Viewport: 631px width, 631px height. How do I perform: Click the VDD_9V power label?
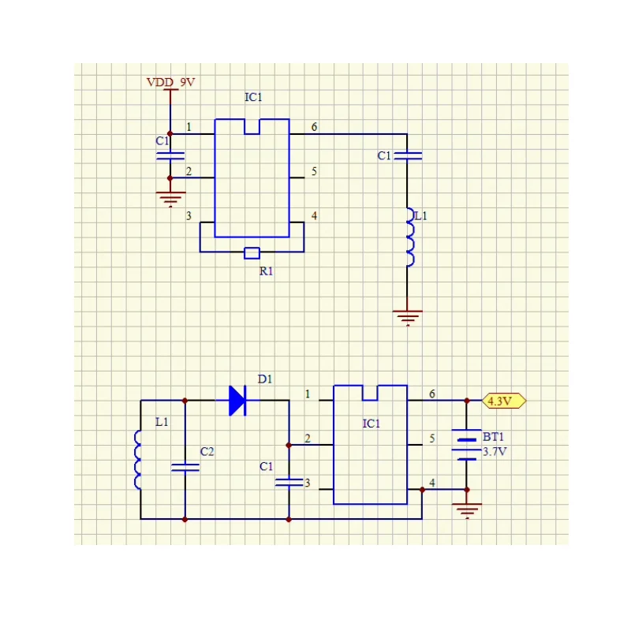(170, 82)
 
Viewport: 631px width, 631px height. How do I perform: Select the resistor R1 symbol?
(252, 252)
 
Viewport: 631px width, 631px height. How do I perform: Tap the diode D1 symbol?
(237, 401)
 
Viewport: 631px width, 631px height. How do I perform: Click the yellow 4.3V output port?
(504, 401)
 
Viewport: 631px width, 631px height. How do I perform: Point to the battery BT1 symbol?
(466, 445)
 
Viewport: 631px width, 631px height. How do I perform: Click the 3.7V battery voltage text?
(495, 451)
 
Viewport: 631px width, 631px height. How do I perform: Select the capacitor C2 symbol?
(185, 467)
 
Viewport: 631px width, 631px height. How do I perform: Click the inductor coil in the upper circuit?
(409, 237)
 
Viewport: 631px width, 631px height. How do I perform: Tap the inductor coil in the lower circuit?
(137, 460)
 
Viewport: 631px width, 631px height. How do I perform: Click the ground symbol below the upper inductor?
(408, 318)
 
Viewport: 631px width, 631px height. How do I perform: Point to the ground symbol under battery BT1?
(467, 510)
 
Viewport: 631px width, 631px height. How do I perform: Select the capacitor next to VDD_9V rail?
(170, 155)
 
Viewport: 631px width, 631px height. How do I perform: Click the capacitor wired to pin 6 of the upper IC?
(408, 155)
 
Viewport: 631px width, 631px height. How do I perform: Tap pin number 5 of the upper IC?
(314, 171)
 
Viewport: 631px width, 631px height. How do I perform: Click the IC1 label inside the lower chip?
(371, 424)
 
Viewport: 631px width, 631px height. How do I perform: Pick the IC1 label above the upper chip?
(253, 97)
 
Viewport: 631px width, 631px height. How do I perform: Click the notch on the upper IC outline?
(252, 126)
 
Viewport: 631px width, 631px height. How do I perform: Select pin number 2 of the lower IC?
(308, 439)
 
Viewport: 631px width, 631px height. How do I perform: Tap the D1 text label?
(265, 379)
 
